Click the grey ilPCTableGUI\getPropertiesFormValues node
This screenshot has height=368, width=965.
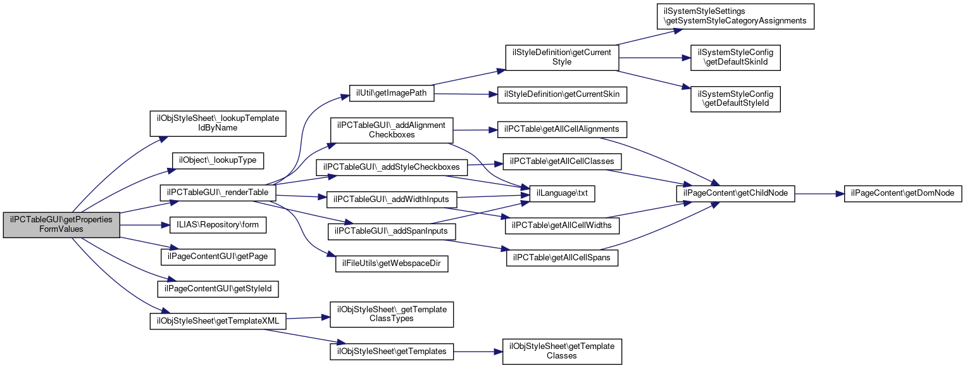click(x=61, y=224)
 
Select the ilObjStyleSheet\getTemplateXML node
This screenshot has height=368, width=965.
click(x=218, y=320)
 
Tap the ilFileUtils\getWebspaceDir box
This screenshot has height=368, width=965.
click(x=391, y=263)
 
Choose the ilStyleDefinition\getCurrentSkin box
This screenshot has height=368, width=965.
click(x=562, y=95)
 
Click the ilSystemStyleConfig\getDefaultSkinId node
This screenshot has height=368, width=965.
click(x=736, y=58)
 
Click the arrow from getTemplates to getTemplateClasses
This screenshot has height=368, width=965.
click(x=478, y=351)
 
